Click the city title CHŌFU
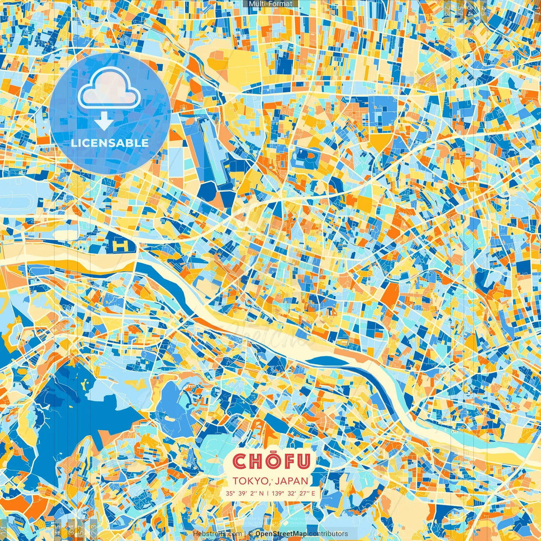[272, 461]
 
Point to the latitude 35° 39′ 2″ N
[244, 493]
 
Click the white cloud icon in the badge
[109, 89]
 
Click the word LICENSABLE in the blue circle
[109, 143]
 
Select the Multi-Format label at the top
[270, 4]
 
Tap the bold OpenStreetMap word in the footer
[281, 534]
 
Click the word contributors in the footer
[328, 534]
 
